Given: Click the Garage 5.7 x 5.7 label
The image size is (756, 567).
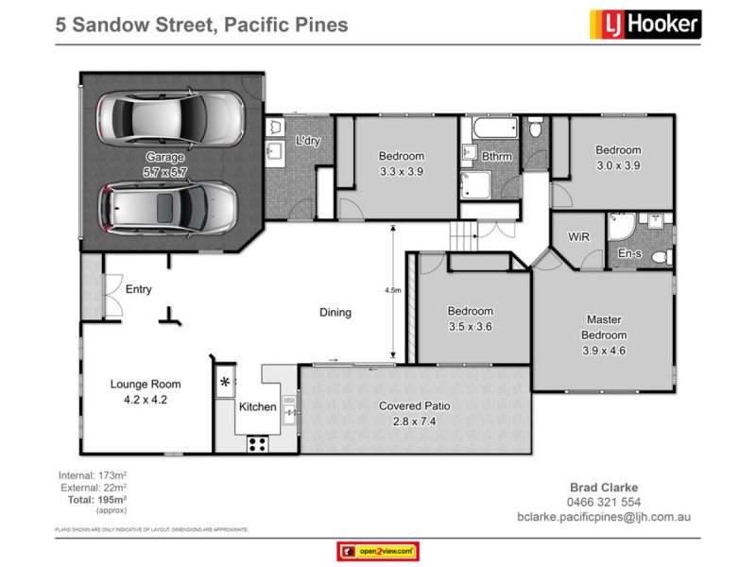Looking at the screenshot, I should pyautogui.click(x=164, y=164).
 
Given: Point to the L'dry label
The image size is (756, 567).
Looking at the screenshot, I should pyautogui.click(x=308, y=142).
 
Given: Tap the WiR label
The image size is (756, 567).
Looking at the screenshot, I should pyautogui.click(x=578, y=237).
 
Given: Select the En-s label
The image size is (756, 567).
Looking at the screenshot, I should pyautogui.click(x=629, y=253).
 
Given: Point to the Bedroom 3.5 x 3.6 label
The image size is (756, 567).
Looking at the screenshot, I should pyautogui.click(x=470, y=319).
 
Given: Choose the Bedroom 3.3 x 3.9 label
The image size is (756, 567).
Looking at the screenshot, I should pyautogui.click(x=402, y=163).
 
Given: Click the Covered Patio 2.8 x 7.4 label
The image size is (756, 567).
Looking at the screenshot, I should pyautogui.click(x=415, y=412).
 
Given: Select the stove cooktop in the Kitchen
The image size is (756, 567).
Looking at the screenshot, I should pyautogui.click(x=256, y=441).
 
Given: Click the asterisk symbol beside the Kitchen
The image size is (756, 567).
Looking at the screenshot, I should pyautogui.click(x=225, y=382).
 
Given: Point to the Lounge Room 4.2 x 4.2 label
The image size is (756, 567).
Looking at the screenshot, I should pyautogui.click(x=146, y=391).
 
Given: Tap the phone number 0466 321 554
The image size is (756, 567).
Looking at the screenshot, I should pyautogui.click(x=605, y=503).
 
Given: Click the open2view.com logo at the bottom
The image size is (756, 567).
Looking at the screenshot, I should pyautogui.click(x=378, y=552).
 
